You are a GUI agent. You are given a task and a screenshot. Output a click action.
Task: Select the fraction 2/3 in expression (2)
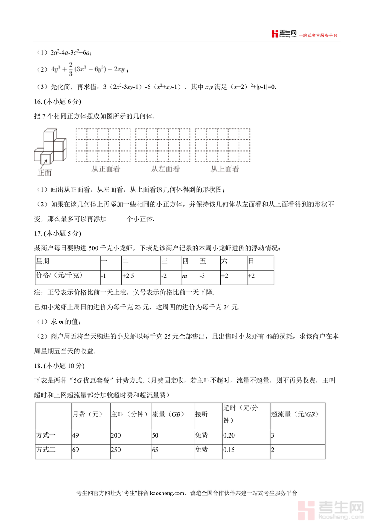[x=71, y=69]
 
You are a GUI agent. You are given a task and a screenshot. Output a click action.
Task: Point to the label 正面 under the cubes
[x=44, y=173]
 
